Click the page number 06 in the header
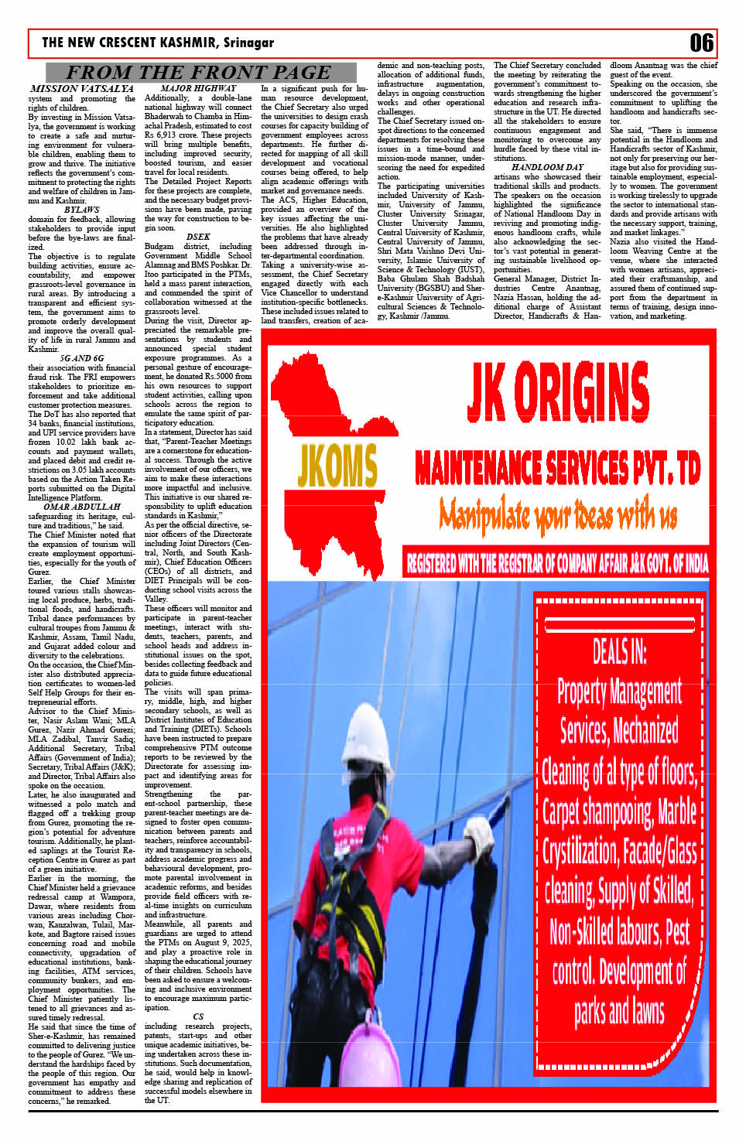tap(701, 43)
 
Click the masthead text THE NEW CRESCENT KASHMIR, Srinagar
tap(158, 43)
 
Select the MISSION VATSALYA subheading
tap(81, 89)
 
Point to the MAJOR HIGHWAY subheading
tap(198, 88)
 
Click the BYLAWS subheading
tap(81, 210)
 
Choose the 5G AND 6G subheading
tap(81, 358)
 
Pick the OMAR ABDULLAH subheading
tap(82, 507)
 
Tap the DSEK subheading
tap(198, 237)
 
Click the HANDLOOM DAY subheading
tap(547, 167)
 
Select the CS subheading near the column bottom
tap(198, 1016)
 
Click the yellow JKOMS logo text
tap(337, 466)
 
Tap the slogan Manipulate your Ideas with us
tap(557, 514)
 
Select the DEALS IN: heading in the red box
tap(619, 651)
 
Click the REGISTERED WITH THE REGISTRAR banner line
tap(557, 562)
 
